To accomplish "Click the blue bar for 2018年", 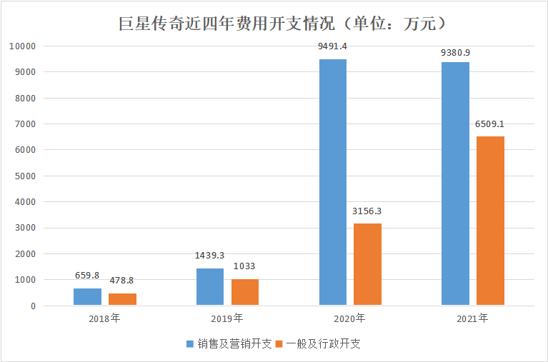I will [87, 297].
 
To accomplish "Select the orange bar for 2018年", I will [122, 299].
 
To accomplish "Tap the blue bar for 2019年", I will [210, 287].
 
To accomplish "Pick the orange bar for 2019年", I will [245, 292].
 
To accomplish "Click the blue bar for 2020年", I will [332, 182].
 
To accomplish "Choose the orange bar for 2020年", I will [367, 264].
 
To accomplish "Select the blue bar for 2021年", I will [455, 183].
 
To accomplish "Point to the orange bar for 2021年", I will [490, 221].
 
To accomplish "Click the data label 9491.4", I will [332, 46].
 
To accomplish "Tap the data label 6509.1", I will [490, 124].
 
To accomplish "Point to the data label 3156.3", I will [367, 211].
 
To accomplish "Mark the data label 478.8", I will [122, 281].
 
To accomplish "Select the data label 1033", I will [245, 266].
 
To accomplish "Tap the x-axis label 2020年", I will [350, 318].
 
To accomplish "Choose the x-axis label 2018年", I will [105, 318].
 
